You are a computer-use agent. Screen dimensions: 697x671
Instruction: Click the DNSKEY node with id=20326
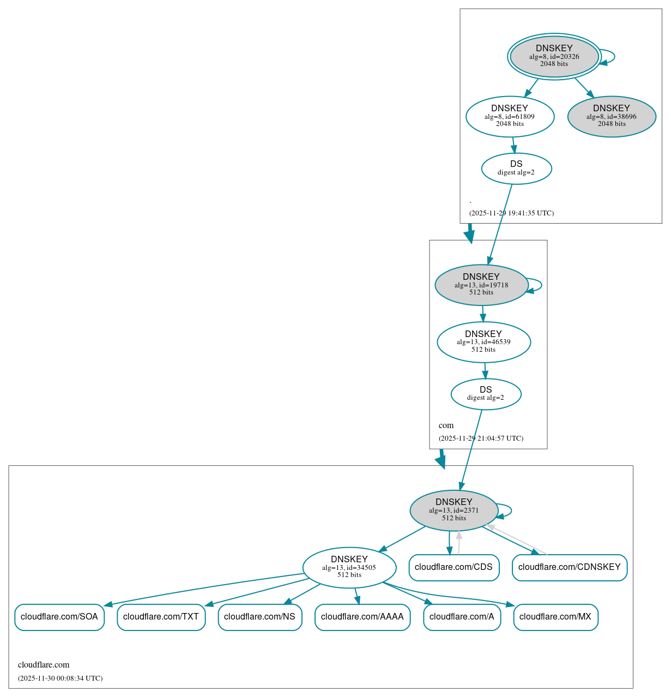click(554, 57)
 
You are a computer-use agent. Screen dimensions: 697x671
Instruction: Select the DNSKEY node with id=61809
click(510, 116)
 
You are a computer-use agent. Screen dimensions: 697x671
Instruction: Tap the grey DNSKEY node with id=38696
click(611, 116)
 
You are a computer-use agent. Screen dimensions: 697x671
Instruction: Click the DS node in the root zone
click(516, 169)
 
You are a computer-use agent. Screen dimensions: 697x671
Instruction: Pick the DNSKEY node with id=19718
click(481, 285)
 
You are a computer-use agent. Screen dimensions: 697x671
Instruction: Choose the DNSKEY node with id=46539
click(483, 342)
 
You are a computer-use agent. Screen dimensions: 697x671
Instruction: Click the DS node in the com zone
click(486, 394)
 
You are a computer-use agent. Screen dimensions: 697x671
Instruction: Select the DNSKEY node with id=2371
click(454, 510)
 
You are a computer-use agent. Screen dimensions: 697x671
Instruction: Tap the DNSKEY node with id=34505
click(349, 567)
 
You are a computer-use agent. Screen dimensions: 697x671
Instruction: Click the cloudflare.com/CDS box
click(454, 567)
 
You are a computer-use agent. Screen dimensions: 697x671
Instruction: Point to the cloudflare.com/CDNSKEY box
click(569, 567)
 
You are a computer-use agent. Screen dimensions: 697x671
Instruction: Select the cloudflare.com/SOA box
click(59, 617)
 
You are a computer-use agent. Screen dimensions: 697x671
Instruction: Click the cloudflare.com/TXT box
click(161, 617)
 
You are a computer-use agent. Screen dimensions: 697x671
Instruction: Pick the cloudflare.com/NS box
click(259, 617)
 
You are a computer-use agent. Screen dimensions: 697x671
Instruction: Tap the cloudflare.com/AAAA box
click(362, 617)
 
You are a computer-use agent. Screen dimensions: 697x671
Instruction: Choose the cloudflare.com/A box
click(462, 617)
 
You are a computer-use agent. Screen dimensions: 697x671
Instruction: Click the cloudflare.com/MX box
click(555, 617)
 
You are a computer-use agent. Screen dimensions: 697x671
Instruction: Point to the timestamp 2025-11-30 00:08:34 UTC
click(60, 678)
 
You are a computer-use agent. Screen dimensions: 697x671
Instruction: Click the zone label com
click(446, 425)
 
